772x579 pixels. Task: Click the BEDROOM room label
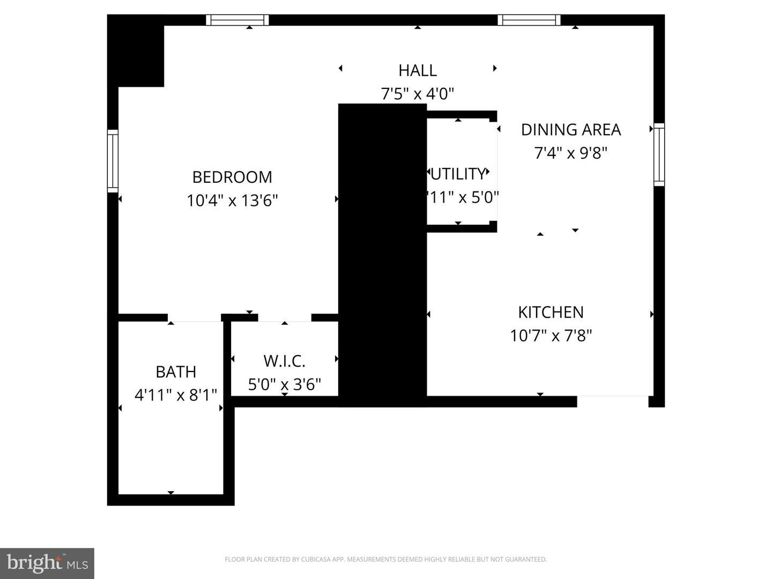click(x=232, y=177)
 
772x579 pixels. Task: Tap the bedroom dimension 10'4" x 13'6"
click(x=232, y=201)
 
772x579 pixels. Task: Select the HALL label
click(x=417, y=70)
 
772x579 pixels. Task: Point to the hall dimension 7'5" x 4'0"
click(x=417, y=94)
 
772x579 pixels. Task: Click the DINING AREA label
click(x=570, y=130)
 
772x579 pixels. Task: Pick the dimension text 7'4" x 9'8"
click(x=570, y=153)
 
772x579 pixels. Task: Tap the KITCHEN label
click(x=551, y=312)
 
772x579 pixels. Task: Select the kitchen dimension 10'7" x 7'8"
click(x=551, y=336)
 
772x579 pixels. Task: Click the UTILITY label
click(x=458, y=174)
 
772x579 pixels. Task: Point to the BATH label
click(x=175, y=372)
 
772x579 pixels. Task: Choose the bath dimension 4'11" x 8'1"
click(x=175, y=395)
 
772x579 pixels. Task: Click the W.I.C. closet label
click(x=284, y=361)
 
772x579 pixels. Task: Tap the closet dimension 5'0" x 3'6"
click(x=284, y=384)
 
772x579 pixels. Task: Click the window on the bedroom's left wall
click(x=113, y=161)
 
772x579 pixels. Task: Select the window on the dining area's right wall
click(x=659, y=154)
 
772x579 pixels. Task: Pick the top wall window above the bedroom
click(x=237, y=20)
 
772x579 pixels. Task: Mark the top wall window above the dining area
click(x=529, y=20)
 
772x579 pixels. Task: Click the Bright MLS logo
click(x=47, y=563)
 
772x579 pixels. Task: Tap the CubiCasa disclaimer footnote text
click(x=385, y=559)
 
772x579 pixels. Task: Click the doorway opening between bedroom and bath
click(x=195, y=318)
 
